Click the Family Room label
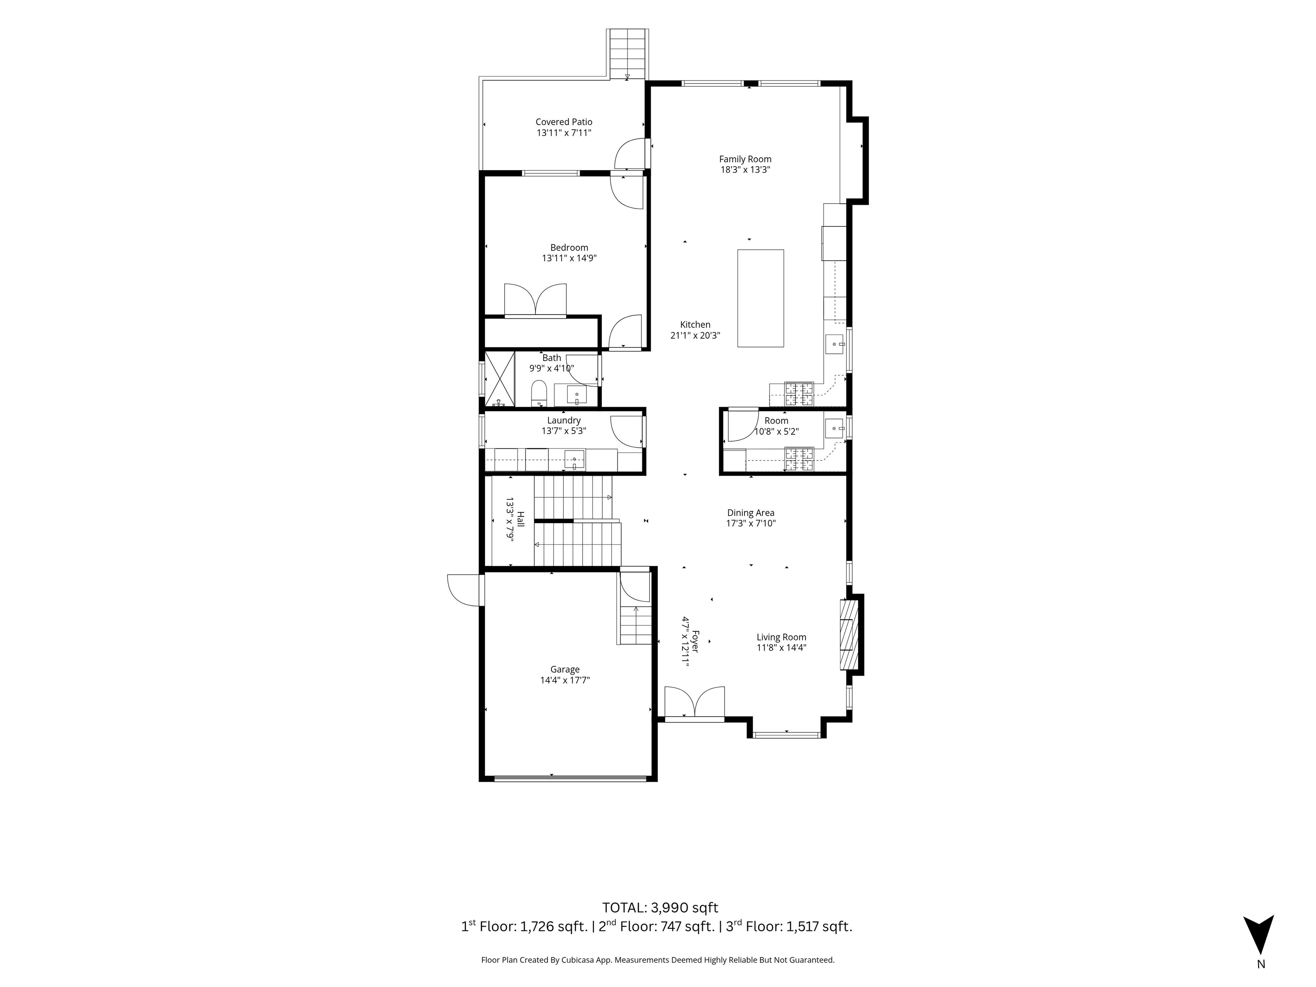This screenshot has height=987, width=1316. tap(745, 159)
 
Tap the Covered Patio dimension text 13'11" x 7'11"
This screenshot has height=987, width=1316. tap(564, 133)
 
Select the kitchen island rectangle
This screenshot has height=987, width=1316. tap(760, 298)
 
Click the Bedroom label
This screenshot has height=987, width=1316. tap(569, 248)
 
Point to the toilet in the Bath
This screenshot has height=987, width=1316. tap(538, 393)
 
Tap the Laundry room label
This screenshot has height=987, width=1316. tap(564, 420)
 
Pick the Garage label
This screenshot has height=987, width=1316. tap(565, 669)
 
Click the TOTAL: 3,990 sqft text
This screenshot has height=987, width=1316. tap(661, 908)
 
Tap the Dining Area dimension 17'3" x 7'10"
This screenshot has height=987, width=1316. tap(751, 523)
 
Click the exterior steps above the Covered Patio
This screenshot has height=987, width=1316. tap(628, 54)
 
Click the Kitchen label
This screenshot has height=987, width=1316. tap(695, 325)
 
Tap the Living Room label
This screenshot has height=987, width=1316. tap(781, 637)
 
